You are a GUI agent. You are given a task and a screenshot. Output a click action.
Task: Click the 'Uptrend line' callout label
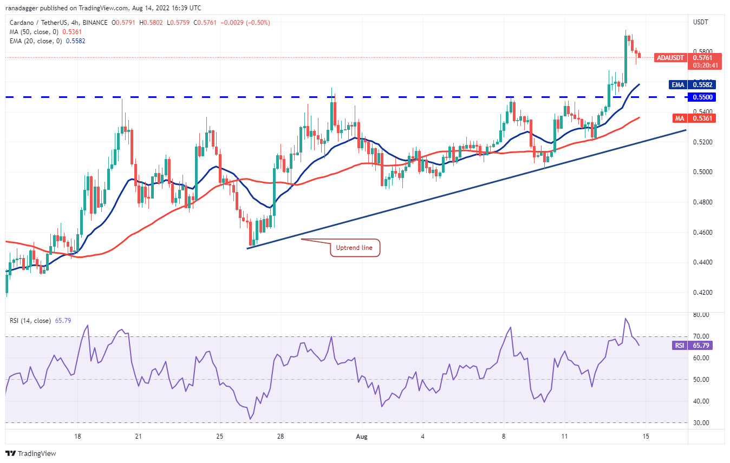tap(355, 248)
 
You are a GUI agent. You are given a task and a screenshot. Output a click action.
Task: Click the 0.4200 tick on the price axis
tap(703, 293)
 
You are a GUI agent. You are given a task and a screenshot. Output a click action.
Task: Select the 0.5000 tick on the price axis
tap(703, 172)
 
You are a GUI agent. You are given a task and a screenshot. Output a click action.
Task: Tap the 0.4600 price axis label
tap(703, 233)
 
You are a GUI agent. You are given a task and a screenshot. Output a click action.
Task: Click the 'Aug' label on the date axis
tap(362, 436)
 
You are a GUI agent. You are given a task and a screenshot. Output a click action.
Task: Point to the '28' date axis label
tap(280, 436)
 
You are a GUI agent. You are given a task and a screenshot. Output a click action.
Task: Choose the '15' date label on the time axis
tap(646, 436)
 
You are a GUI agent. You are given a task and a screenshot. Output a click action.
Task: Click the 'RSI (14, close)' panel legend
tap(30, 321)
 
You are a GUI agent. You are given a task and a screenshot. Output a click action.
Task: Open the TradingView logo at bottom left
tap(31, 453)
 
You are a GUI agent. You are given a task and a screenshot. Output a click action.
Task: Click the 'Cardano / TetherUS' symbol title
tap(42, 23)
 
